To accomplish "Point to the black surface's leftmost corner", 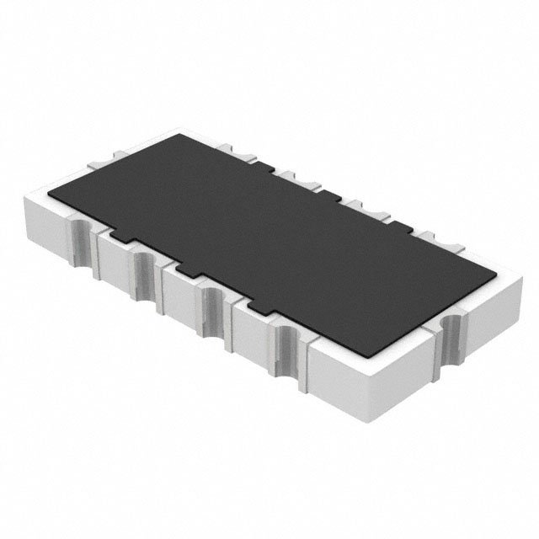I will tap(48, 195).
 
